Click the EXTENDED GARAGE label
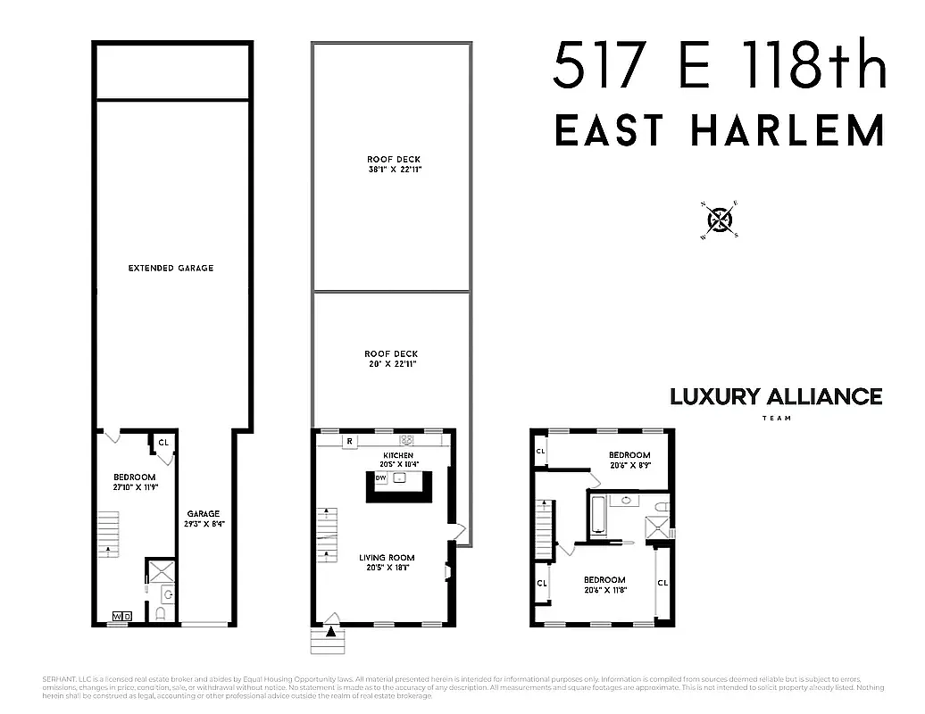[171, 268]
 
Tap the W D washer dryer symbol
[122, 616]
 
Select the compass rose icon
[721, 220]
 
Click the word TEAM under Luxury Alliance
[776, 418]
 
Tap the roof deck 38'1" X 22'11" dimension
[393, 168]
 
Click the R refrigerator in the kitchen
[349, 440]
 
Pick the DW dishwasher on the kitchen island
[380, 478]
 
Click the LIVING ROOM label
[387, 558]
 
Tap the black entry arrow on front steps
[333, 633]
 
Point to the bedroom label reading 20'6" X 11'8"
[604, 585]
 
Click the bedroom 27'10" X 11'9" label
[135, 482]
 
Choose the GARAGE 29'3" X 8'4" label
[203, 519]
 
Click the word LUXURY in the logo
[714, 396]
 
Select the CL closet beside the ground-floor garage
[162, 442]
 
